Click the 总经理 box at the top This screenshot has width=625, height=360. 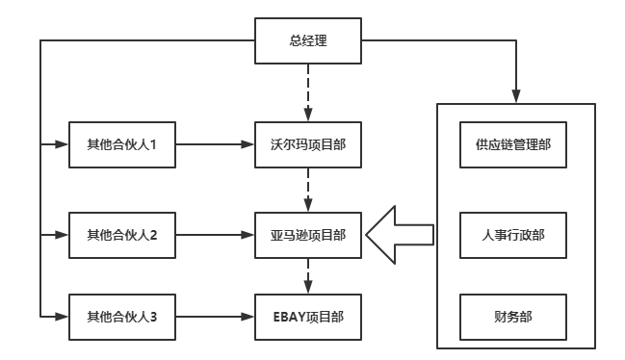[x=309, y=40]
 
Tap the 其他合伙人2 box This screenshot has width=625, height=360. [x=122, y=233]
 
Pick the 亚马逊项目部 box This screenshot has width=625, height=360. [x=309, y=233]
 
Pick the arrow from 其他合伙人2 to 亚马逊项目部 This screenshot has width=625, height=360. [x=215, y=233]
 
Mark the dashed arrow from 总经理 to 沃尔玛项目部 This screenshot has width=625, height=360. [x=309, y=90]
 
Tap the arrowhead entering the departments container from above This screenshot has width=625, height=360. [x=515, y=94]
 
